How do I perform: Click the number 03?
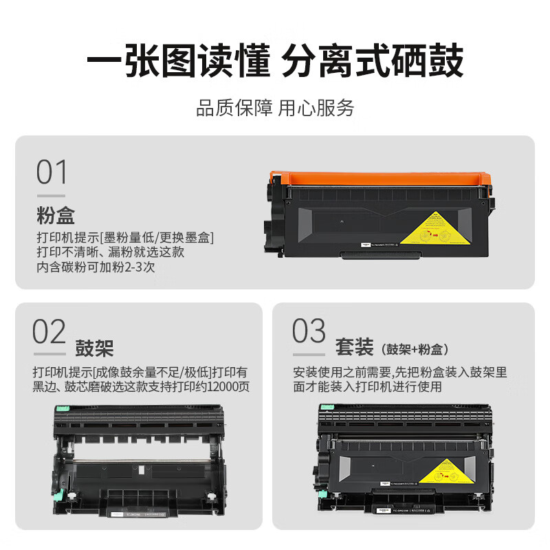pyautogui.click(x=308, y=332)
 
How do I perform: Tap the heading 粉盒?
pyautogui.click(x=56, y=216)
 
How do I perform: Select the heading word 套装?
pyautogui.click(x=354, y=346)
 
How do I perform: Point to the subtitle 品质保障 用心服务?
pyautogui.click(x=275, y=108)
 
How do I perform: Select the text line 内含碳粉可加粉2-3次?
pyautogui.click(x=96, y=267)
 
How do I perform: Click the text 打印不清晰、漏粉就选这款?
pyautogui.click(x=110, y=252)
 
